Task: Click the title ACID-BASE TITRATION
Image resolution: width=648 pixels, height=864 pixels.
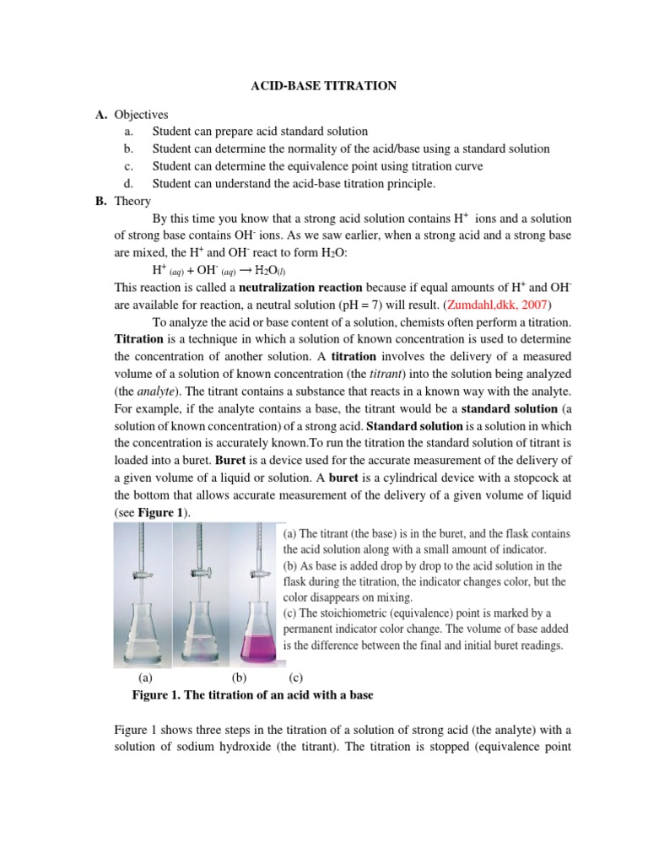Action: tap(325, 85)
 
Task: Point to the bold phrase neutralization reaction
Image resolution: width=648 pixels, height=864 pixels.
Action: tap(275, 287)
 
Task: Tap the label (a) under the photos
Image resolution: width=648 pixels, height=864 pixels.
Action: tap(145, 677)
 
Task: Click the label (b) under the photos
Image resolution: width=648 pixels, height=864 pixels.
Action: tap(239, 677)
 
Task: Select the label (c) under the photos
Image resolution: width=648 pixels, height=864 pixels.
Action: tap(295, 677)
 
